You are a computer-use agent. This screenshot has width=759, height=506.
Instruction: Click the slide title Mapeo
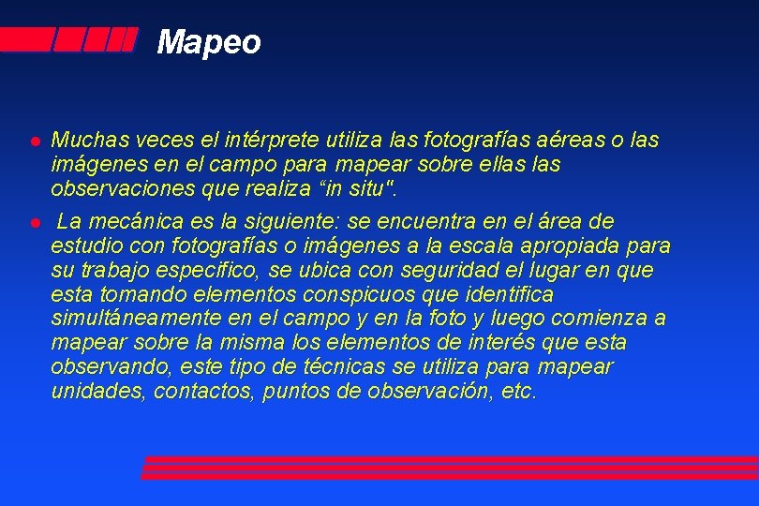tap(209, 42)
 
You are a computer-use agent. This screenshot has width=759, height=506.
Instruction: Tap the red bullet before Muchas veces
tap(33, 141)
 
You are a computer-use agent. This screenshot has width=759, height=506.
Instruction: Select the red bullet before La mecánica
tap(33, 222)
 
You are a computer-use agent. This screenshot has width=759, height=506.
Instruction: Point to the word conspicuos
tap(366, 294)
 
